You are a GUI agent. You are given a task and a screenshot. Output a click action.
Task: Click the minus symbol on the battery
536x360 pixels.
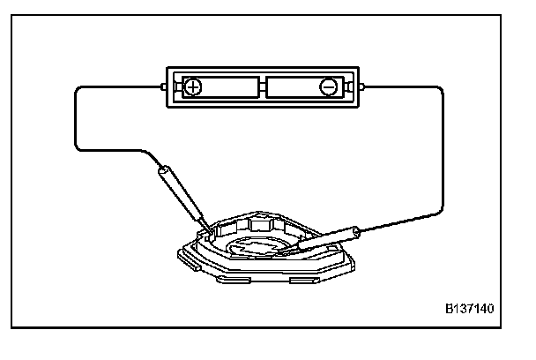point(328,87)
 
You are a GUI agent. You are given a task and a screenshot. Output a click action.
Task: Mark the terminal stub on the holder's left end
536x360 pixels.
point(163,87)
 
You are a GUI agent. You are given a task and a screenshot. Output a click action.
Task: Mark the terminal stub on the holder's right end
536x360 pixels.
point(362,87)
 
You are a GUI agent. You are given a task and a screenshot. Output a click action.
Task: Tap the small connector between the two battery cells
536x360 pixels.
point(262,87)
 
